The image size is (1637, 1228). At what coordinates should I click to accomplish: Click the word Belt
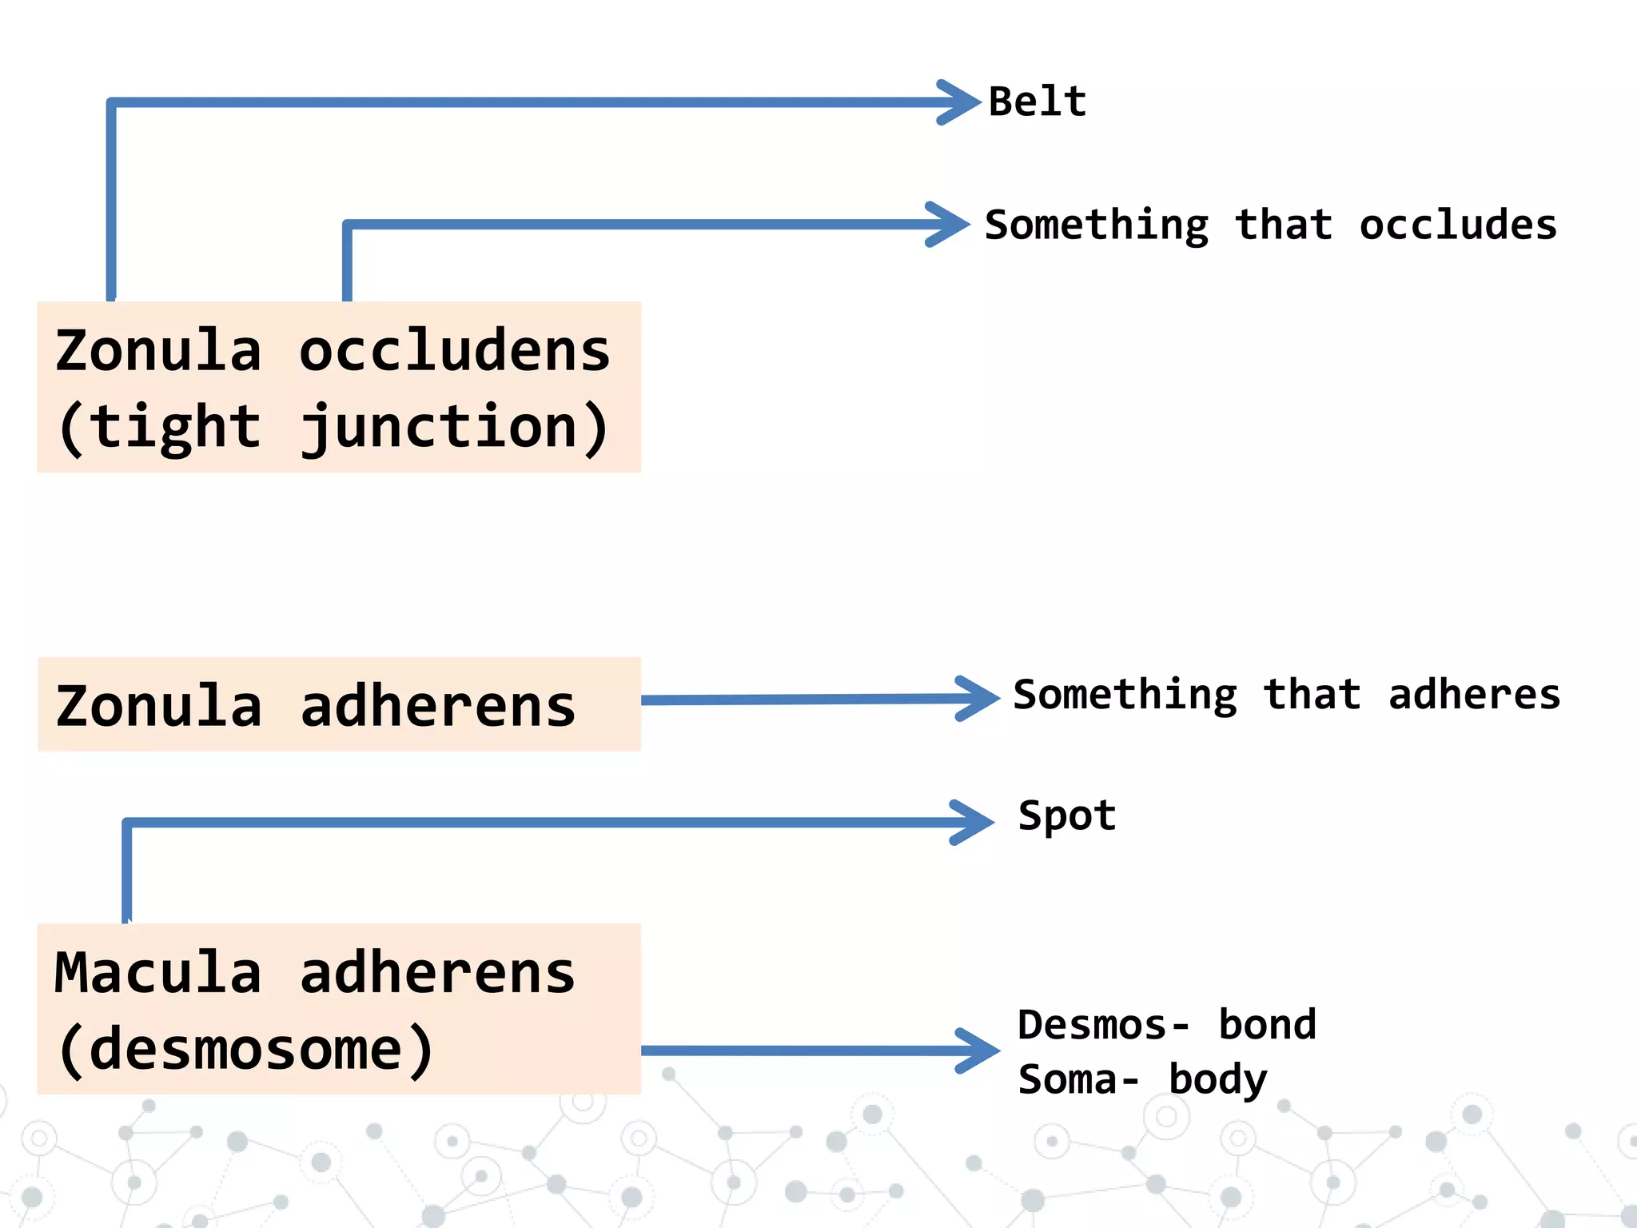(x=1038, y=102)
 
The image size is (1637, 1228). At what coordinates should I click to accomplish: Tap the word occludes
(x=1458, y=225)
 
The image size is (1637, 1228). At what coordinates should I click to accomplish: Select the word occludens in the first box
(x=454, y=352)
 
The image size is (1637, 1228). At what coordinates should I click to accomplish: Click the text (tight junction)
(x=334, y=428)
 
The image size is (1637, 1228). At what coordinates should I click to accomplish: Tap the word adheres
(x=1474, y=695)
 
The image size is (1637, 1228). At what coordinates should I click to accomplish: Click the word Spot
(x=1066, y=817)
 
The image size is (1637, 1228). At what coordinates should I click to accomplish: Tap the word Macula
(x=158, y=974)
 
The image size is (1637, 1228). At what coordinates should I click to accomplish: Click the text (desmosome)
(x=246, y=1050)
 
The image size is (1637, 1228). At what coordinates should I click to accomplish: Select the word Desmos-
(x=1103, y=1026)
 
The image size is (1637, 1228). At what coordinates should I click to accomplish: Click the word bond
(x=1267, y=1026)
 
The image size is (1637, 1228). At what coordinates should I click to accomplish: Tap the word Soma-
(x=1078, y=1080)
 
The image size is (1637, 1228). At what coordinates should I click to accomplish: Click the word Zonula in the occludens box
(x=158, y=352)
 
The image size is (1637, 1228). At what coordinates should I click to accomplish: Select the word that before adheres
(x=1312, y=695)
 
